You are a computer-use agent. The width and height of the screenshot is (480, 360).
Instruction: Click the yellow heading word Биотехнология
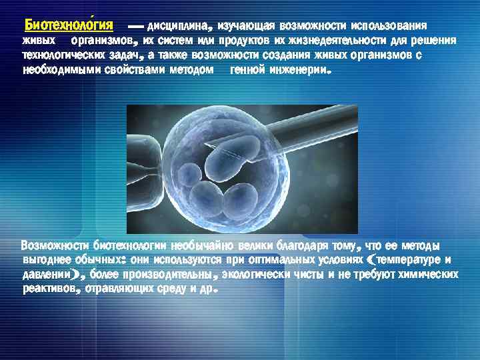coord(69,26)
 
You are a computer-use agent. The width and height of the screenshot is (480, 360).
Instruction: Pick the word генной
coord(247,69)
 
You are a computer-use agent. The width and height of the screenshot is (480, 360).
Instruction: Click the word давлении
coord(47,274)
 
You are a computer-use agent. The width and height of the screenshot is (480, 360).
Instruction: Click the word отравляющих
coord(119,289)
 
